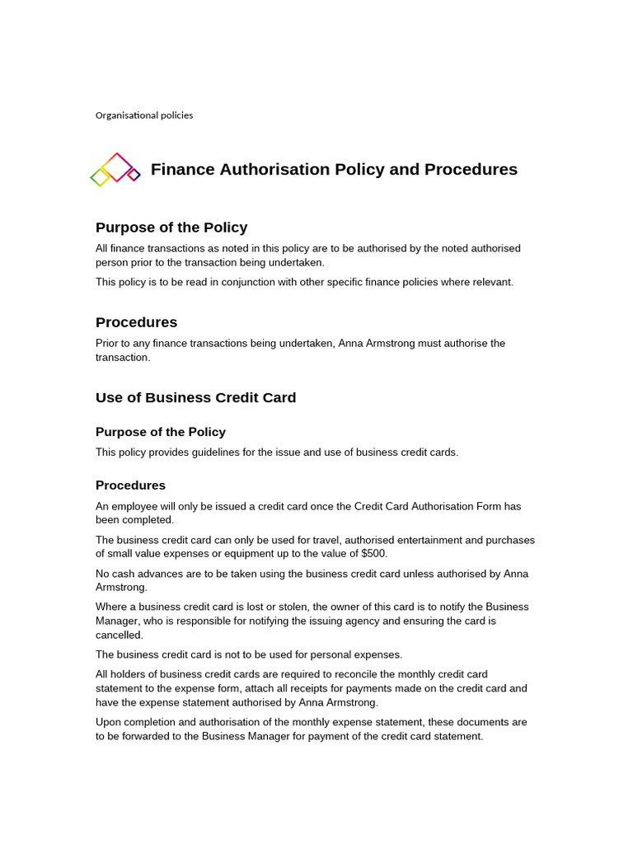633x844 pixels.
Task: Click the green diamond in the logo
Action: coord(100,177)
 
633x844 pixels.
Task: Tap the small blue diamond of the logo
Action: coord(134,174)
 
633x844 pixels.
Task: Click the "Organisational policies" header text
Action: coord(144,115)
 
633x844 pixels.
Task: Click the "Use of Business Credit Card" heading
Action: coord(195,397)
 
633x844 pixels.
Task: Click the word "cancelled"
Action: coord(120,635)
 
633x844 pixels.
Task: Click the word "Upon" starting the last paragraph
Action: coord(108,722)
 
